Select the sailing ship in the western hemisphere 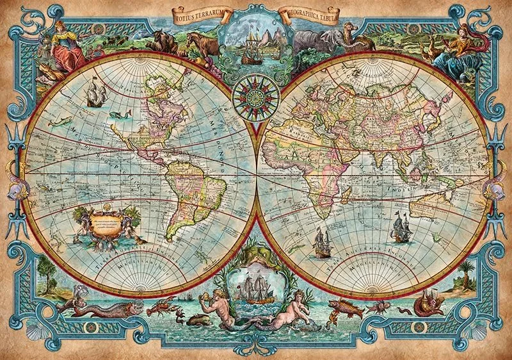pyautogui.click(x=95, y=95)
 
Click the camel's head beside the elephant pyautogui.click(x=349, y=32)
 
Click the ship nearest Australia pyautogui.click(x=401, y=227)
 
